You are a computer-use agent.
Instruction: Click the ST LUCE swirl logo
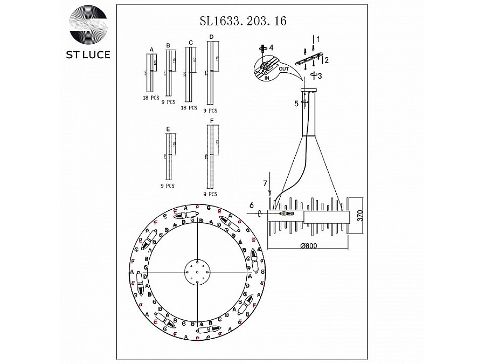click(x=88, y=25)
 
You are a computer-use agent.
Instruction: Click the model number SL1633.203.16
click(x=242, y=22)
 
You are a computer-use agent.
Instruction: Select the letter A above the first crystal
click(x=151, y=49)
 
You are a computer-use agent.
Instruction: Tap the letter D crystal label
click(x=211, y=37)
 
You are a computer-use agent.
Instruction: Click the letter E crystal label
click(x=169, y=129)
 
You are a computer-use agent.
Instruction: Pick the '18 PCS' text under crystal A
click(x=150, y=99)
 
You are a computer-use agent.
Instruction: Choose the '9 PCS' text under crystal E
click(x=168, y=186)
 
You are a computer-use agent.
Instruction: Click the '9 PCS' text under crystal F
click(x=210, y=193)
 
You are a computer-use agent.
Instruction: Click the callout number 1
click(x=318, y=39)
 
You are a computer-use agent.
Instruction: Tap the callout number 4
click(x=272, y=47)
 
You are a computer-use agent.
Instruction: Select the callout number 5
click(x=296, y=104)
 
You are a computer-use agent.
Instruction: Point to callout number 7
click(x=265, y=184)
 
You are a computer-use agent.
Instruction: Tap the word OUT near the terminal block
click(x=285, y=68)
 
